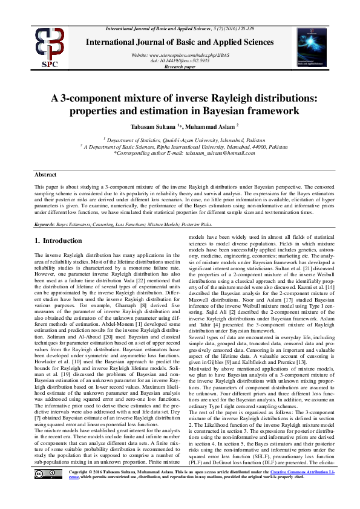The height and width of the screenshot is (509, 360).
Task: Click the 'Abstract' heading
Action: [46, 174]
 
